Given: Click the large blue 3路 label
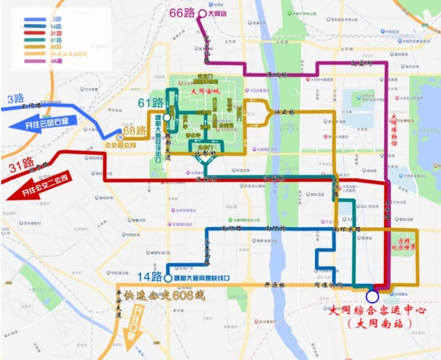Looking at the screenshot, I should coord(15,99).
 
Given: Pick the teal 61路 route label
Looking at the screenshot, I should coord(150,103).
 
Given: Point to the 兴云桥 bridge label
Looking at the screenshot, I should coord(284,112).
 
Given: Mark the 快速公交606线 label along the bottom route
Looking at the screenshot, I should coord(160,296).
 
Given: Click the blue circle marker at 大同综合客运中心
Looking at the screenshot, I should coord(372,297).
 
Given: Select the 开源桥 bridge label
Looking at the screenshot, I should coord(274,285).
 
